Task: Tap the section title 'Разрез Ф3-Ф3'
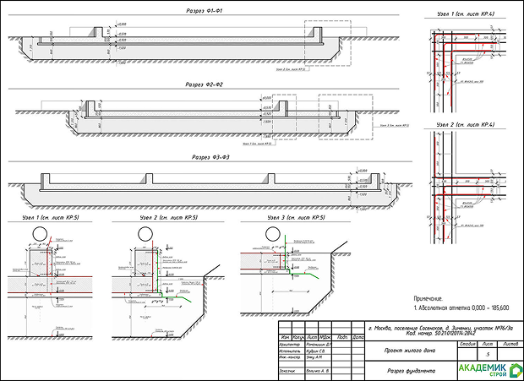pos(211,158)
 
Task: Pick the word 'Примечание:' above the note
pos(428,298)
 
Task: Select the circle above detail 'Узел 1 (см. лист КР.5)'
pos(40,231)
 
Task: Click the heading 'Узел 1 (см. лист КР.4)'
pos(464,13)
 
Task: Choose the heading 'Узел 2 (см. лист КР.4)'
pos(464,124)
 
